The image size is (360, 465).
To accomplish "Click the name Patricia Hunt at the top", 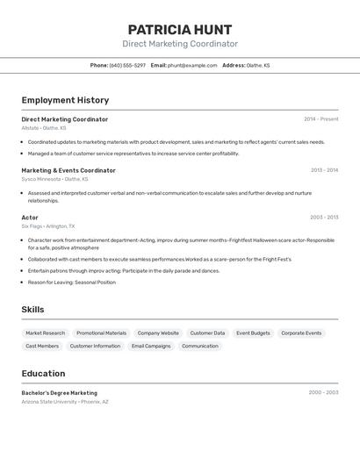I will pyautogui.click(x=180, y=29).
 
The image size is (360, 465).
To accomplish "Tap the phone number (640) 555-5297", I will pyautogui.click(x=127, y=65).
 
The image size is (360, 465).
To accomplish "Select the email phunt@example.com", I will pyautogui.click(x=192, y=65).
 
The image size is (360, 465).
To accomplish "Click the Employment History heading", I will pyautogui.click(x=65, y=100).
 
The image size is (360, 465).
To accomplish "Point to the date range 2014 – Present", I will pyautogui.click(x=320, y=119).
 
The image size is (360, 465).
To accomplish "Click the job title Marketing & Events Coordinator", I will pyautogui.click(x=68, y=170).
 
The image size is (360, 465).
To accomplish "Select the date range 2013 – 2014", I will pyautogui.click(x=324, y=170).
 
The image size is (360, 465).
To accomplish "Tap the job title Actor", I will pyautogui.click(x=30, y=218).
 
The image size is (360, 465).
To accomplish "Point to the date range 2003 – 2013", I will pyautogui.click(x=324, y=218).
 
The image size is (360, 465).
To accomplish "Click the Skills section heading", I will pyautogui.click(x=32, y=310).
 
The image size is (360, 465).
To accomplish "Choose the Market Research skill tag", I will pyautogui.click(x=46, y=333).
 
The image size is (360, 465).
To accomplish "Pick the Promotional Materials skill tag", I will pyautogui.click(x=101, y=333).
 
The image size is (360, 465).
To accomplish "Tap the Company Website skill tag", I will pyautogui.click(x=158, y=333).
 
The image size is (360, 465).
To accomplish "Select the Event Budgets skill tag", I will pyautogui.click(x=253, y=333).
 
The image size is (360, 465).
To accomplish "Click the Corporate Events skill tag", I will pyautogui.click(x=301, y=333).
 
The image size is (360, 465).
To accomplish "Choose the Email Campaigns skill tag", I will pyautogui.click(x=151, y=346).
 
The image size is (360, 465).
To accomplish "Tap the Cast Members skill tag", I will pyautogui.click(x=42, y=346).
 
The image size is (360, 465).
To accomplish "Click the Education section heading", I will pyautogui.click(x=43, y=374).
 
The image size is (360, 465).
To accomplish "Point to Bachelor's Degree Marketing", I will pyautogui.click(x=60, y=393).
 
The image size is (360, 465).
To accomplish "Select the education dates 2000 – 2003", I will pyautogui.click(x=323, y=393).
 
